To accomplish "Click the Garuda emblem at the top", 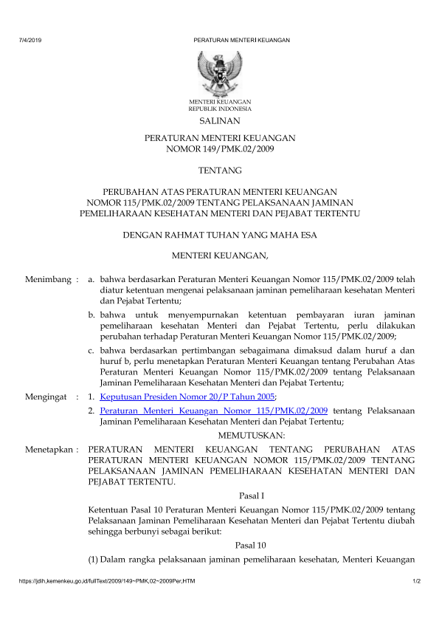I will [x=219, y=72].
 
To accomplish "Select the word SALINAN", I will [x=219, y=120].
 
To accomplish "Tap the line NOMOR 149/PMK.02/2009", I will [x=219, y=149].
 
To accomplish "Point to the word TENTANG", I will [x=219, y=171].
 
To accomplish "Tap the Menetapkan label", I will [x=50, y=448].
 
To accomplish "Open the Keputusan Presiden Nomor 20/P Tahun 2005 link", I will [x=187, y=397].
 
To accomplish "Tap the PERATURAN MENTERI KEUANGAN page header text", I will [x=241, y=40].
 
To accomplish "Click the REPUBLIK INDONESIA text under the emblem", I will [x=220, y=108].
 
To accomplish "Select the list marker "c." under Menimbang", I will [x=91, y=351].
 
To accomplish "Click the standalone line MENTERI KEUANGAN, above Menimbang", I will [x=220, y=256].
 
